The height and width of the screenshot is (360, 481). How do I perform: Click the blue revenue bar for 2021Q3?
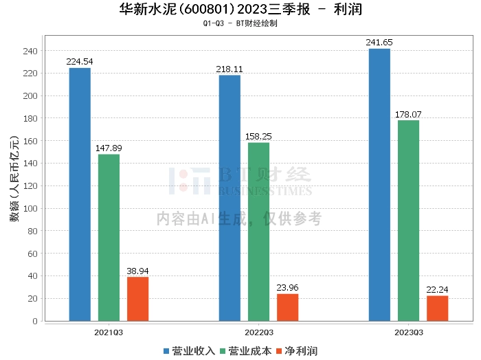click(80, 194)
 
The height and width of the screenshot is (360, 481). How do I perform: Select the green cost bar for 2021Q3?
click(109, 237)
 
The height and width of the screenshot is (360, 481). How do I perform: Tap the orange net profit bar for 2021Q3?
click(137, 299)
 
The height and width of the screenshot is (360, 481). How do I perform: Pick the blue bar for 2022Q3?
click(230, 198)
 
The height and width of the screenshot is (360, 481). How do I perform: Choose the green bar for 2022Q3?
click(258, 232)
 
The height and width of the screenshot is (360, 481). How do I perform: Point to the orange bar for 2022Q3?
click(287, 307)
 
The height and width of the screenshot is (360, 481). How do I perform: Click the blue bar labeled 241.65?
click(379, 185)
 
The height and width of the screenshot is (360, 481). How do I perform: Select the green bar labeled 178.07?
click(408, 221)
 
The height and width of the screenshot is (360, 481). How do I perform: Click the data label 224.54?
click(80, 62)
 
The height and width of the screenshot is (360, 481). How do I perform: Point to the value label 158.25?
click(258, 137)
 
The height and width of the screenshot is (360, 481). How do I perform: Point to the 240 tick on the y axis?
click(30, 51)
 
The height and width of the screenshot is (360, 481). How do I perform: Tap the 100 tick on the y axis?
click(30, 208)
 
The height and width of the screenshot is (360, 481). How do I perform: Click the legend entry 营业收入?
click(189, 351)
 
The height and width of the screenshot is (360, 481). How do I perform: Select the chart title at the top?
click(240, 10)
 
